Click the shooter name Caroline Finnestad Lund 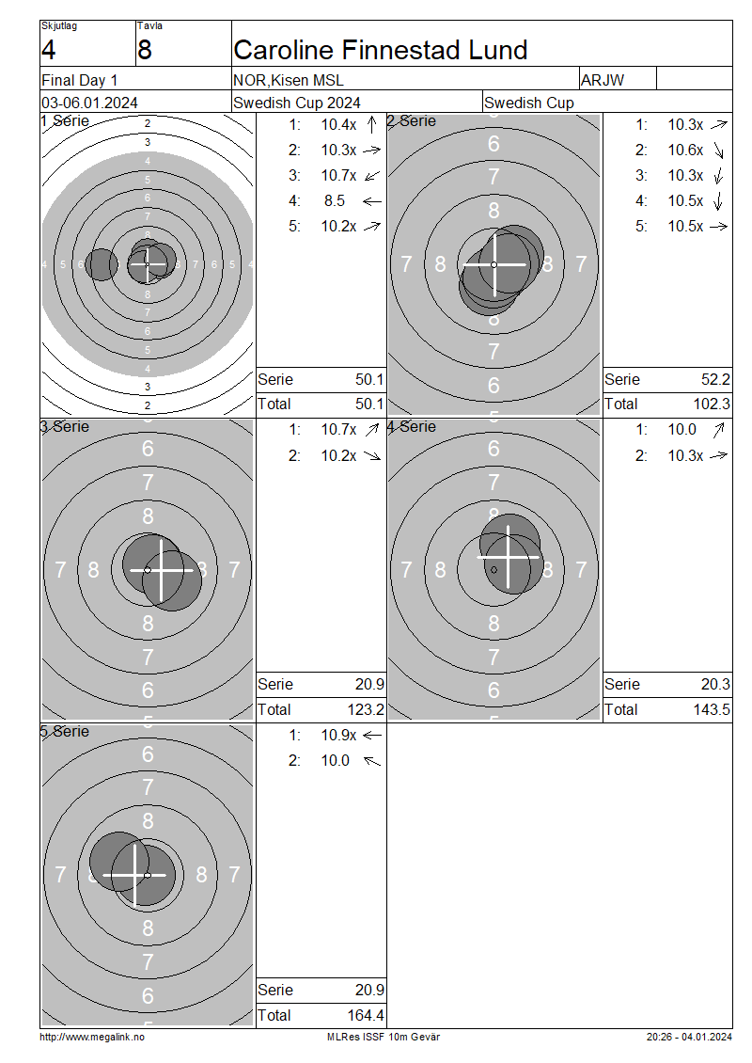(380, 50)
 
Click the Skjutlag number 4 (48, 50)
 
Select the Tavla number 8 (145, 50)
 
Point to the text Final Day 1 (79, 80)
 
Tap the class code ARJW (603, 80)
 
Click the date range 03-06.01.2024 (89, 103)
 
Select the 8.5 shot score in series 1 (335, 200)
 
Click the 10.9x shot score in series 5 (338, 735)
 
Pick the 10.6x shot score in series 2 (685, 150)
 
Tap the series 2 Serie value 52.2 (715, 380)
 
